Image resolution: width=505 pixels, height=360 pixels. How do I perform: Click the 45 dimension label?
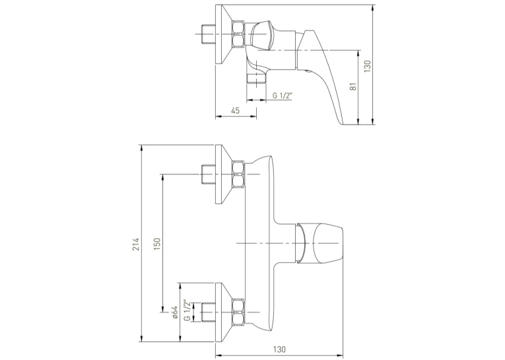click(236, 110)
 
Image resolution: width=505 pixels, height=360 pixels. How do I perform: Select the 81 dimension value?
click(354, 87)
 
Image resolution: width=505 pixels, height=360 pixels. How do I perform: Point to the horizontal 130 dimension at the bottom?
click(279, 349)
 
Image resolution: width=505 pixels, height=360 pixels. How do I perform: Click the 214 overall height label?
click(136, 244)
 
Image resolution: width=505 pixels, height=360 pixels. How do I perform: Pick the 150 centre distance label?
click(156, 244)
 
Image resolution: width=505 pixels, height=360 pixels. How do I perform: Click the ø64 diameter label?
click(175, 312)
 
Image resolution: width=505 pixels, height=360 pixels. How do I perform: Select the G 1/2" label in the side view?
click(282, 96)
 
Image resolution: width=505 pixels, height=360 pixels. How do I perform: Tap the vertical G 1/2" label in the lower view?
click(187, 310)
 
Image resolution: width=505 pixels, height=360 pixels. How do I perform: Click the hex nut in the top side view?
click(238, 34)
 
